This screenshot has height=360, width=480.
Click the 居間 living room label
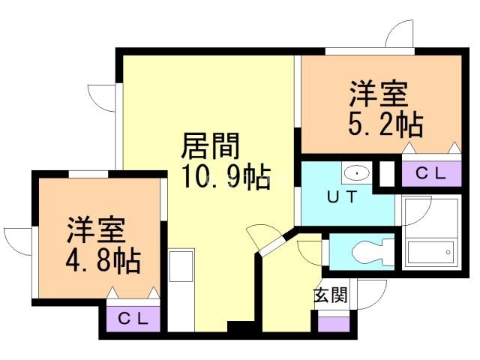point(210,146)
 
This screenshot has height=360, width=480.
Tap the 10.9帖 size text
point(226,177)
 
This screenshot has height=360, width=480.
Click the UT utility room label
point(342,196)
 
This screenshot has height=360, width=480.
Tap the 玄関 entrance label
point(331,295)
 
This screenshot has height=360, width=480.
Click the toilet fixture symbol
point(373,252)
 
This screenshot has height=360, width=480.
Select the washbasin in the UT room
point(357,173)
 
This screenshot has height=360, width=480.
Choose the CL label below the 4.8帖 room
point(133,319)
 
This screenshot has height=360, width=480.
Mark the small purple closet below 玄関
point(334,324)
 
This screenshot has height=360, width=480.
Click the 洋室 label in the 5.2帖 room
point(379,94)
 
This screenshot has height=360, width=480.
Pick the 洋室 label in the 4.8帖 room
point(96,230)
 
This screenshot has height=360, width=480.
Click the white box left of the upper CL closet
point(387,173)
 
